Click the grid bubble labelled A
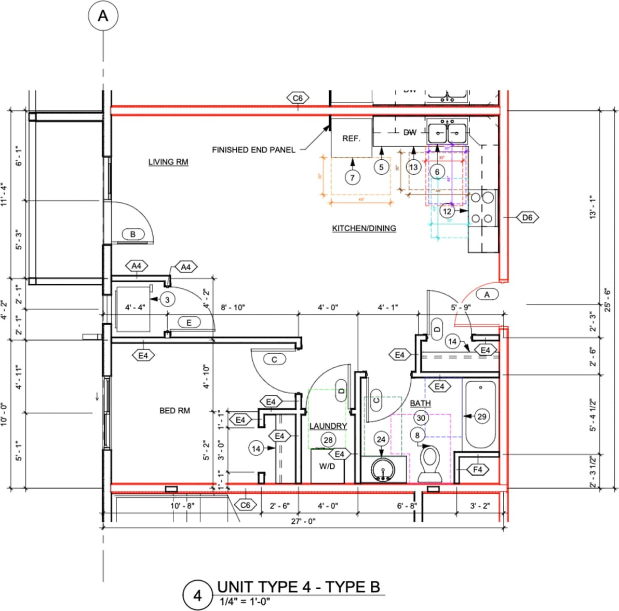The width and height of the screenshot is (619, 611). [x=103, y=17]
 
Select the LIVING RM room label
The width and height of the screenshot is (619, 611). [x=168, y=162]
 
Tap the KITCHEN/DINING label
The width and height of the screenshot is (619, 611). [x=364, y=228]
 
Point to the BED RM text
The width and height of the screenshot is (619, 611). [x=174, y=410]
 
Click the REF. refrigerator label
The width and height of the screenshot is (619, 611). [x=351, y=138]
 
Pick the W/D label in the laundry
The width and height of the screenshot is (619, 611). [x=327, y=466]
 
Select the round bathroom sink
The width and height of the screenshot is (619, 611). [x=383, y=470]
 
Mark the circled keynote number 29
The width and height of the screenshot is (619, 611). [x=482, y=416]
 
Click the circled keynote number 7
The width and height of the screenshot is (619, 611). [x=352, y=177]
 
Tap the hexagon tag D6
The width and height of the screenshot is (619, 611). [x=527, y=217]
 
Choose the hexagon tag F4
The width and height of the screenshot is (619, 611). [x=478, y=470]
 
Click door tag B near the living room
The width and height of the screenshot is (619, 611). [x=133, y=234]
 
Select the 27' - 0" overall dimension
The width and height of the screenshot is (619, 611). [x=303, y=521]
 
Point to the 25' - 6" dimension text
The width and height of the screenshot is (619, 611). [x=608, y=300]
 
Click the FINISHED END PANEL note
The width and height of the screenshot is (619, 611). [x=253, y=150]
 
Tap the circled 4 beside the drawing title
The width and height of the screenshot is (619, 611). [x=197, y=595]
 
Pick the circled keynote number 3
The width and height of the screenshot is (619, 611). [x=167, y=299]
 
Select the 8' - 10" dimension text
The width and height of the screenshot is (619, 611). [x=233, y=307]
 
